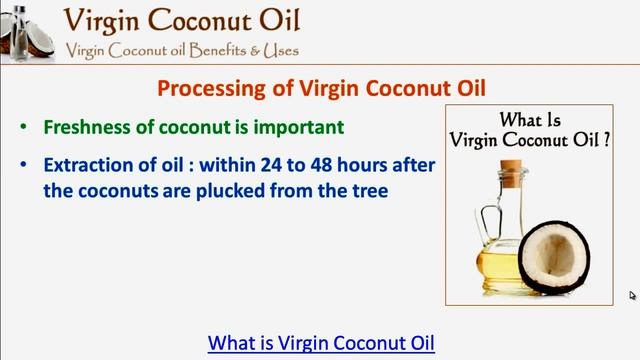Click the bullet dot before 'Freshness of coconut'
tap(24, 129)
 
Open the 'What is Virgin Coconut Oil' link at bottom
tap(321, 342)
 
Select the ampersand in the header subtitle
tap(257, 50)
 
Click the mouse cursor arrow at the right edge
tap(633, 295)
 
